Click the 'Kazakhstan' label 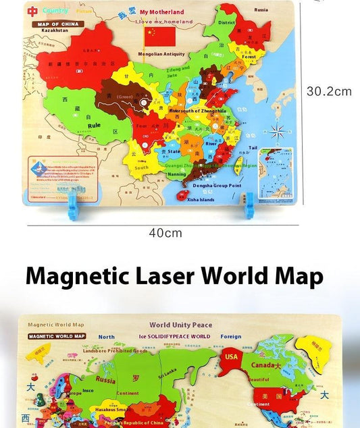[54, 31]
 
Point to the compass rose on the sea [277, 131]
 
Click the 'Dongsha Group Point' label [217, 185]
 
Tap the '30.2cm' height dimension [329, 91]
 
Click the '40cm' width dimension [165, 233]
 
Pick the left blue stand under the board [74, 207]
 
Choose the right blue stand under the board [249, 204]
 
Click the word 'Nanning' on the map [176, 174]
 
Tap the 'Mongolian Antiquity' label [161, 54]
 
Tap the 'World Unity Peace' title [180, 325]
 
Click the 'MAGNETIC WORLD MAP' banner [57, 336]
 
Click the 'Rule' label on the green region [94, 125]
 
